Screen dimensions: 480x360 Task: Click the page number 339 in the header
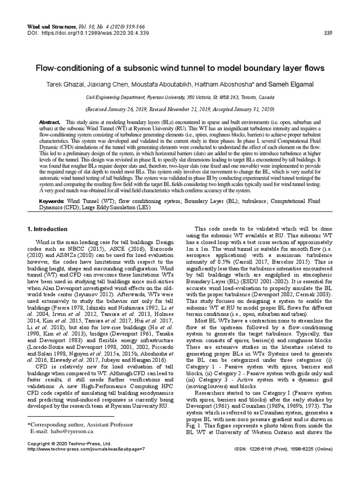pyautogui.click(x=328, y=33)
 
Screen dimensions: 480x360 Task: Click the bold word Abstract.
pyautogui.click(x=50, y=122)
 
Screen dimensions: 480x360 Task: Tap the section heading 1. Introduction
pyautogui.click(x=47, y=229)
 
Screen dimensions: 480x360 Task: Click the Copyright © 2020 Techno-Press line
pyautogui.click(x=69, y=443)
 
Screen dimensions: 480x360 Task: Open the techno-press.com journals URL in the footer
pyautogui.click(x=86, y=449)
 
